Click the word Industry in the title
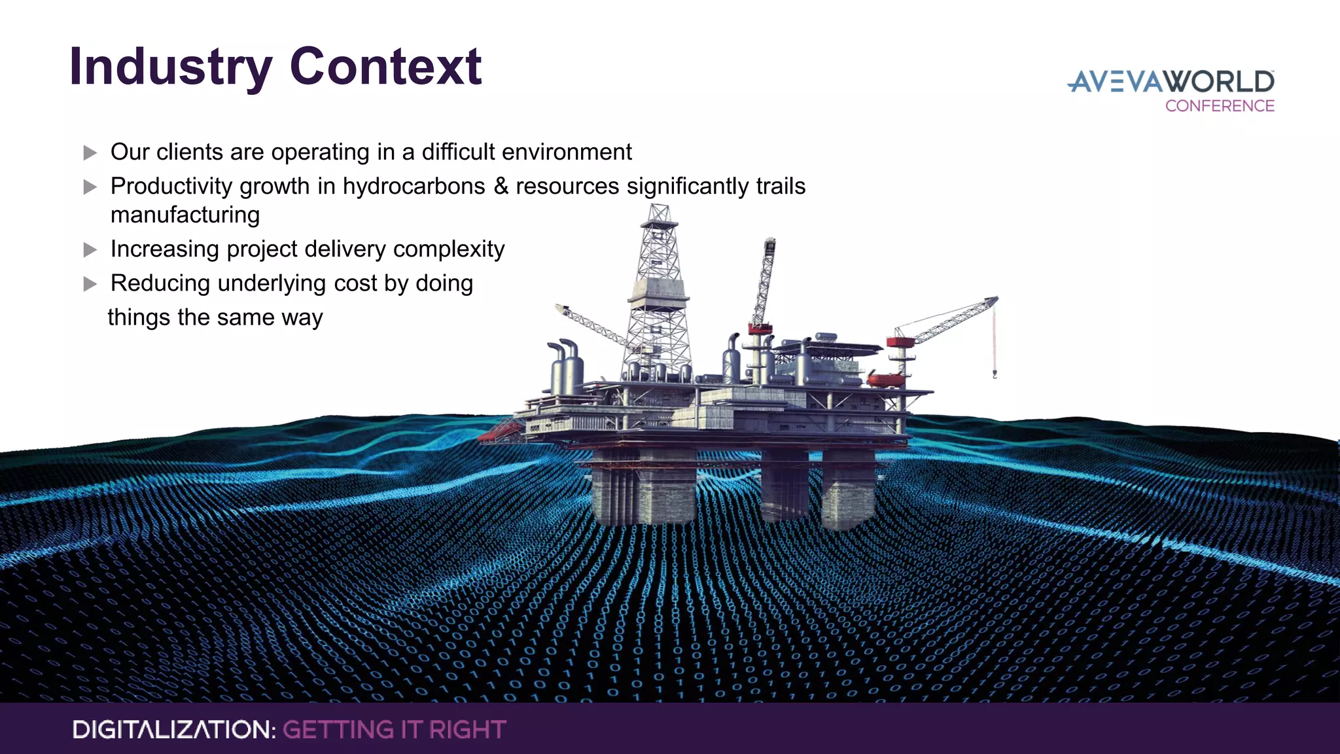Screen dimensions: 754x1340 pos(170,68)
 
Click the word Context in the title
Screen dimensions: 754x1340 pos(385,67)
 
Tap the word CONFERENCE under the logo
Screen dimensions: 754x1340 pos(1220,106)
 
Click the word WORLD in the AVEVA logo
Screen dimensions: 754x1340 pos(1221,82)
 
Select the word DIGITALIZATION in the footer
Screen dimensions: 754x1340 pos(174,730)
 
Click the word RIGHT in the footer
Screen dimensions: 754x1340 pos(467,730)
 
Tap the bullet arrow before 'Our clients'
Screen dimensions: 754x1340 pos(90,153)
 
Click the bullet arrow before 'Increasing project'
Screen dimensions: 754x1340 pos(90,250)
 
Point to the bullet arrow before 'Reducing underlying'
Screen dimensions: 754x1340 pos(90,284)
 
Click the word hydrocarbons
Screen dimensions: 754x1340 pos(414,187)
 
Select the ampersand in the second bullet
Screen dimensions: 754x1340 pos(501,186)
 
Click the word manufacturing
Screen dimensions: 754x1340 pos(185,215)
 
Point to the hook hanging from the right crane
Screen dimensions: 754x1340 pos(995,375)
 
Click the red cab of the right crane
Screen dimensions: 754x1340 pos(900,342)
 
